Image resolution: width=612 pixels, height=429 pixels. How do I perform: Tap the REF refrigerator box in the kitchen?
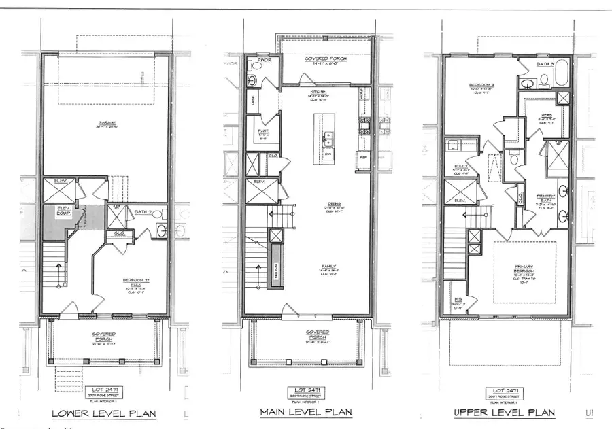click(363, 156)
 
